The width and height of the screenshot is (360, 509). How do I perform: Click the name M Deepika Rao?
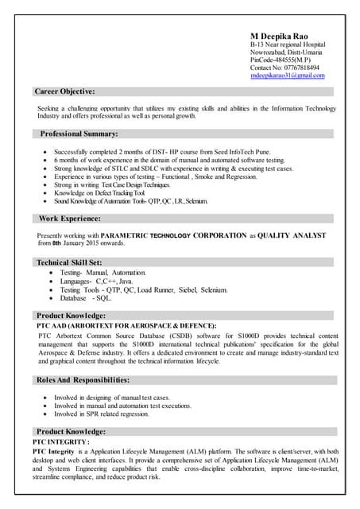(279, 37)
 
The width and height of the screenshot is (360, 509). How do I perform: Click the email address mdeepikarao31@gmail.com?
(288, 76)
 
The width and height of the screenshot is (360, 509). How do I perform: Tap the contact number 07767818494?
(285, 68)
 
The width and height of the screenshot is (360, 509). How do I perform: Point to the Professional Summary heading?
(79, 134)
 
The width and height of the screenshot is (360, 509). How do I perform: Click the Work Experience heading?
(69, 218)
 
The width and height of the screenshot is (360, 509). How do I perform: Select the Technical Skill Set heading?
(69, 262)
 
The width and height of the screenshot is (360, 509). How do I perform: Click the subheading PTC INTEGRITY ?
(61, 441)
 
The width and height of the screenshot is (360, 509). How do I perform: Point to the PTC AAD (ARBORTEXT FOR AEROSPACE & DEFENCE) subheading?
(126, 325)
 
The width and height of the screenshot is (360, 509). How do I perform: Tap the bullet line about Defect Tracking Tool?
(99, 193)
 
